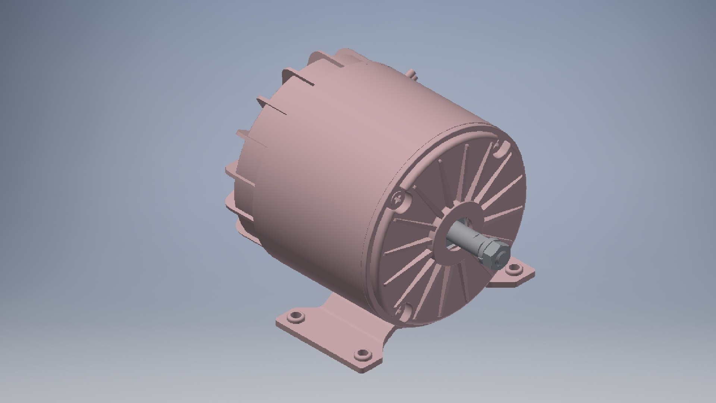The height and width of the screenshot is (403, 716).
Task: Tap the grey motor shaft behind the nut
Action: pyautogui.click(x=464, y=237)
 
